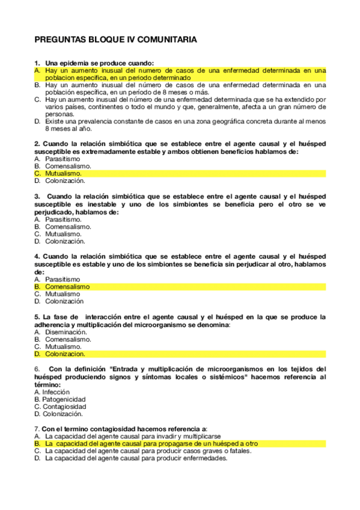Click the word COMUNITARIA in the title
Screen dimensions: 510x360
[x=168, y=40]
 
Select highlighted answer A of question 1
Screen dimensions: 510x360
[x=180, y=74]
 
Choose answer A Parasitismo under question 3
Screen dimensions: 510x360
[x=61, y=220]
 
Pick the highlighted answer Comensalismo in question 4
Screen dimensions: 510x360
[x=67, y=287]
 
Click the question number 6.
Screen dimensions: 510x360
[x=37, y=369]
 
